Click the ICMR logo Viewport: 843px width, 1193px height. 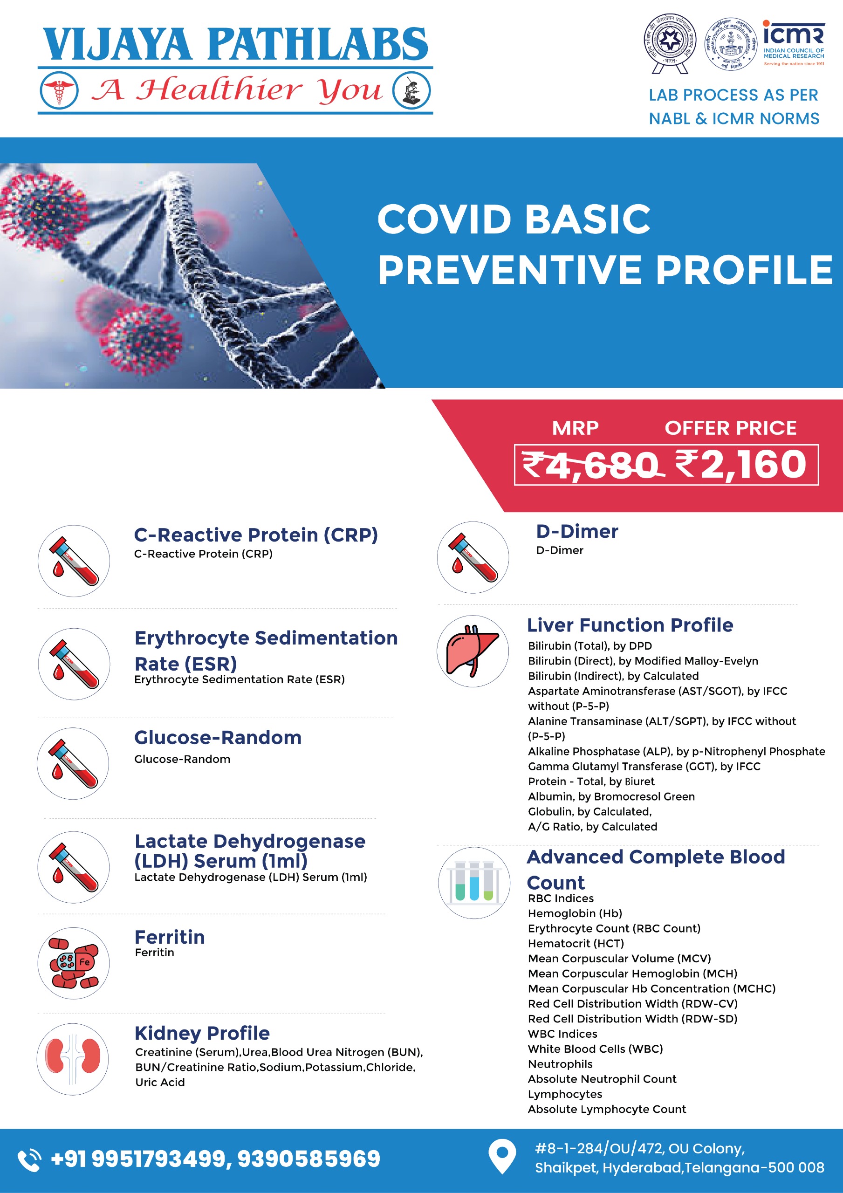(793, 42)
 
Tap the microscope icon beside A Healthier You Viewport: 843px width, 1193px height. (411, 90)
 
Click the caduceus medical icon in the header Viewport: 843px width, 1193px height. (59, 90)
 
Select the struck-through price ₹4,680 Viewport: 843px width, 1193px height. (591, 465)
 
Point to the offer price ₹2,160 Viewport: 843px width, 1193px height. (740, 465)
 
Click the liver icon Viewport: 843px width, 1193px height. (473, 651)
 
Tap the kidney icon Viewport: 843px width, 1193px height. (73, 1059)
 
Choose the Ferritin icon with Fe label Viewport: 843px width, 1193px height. (73, 963)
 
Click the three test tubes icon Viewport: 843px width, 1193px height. (474, 883)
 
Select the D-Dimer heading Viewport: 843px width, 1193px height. (577, 532)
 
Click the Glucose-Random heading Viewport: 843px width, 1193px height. (218, 737)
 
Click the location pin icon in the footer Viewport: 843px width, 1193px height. (502, 1156)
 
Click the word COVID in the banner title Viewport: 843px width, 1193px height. (445, 219)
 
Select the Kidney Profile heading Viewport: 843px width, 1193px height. (202, 1033)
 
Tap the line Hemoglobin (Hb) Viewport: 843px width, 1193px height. (575, 913)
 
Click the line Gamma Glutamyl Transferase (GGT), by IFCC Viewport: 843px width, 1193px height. (644, 767)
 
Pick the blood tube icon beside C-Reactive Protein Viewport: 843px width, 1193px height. (74, 561)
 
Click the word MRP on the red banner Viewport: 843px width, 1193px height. (575, 428)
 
